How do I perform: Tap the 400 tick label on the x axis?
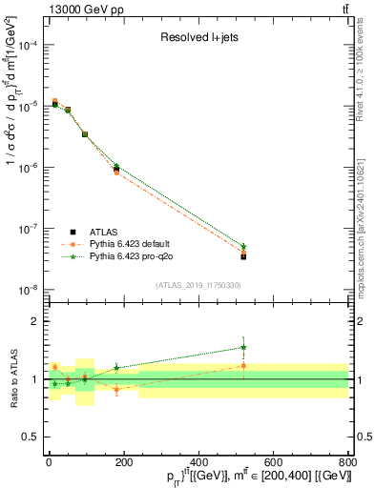tap(198, 462)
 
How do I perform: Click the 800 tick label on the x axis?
tap(346, 462)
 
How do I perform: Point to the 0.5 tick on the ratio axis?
tap(31, 437)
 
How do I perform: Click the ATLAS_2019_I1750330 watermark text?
tap(198, 285)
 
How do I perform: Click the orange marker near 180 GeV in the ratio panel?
tap(116, 389)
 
